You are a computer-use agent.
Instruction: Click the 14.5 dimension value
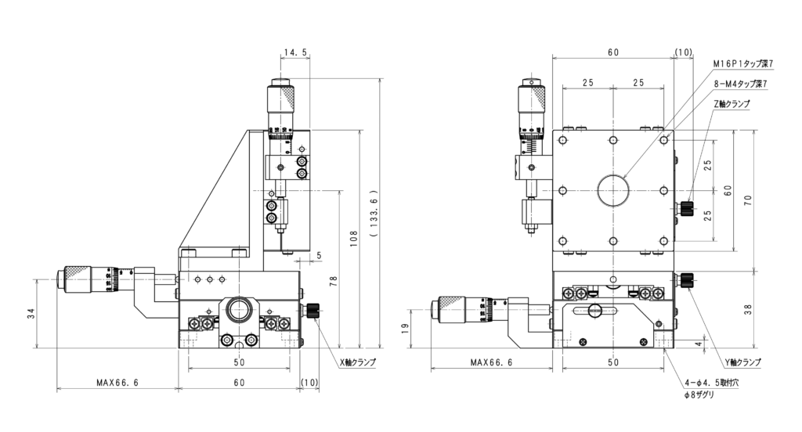[295, 53]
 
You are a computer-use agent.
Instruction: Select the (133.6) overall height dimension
[374, 213]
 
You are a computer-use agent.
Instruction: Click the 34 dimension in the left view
[31, 314]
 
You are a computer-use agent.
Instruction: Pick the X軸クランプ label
[357, 362]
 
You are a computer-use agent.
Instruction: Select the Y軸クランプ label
[742, 362]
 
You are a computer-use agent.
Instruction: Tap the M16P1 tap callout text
[743, 63]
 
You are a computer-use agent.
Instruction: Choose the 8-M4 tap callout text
[739, 83]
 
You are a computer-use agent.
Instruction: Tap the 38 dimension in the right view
[748, 310]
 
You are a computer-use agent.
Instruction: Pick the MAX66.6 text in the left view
[117, 383]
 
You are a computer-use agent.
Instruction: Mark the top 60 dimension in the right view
[612, 52]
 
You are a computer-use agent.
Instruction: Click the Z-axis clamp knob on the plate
[688, 207]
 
